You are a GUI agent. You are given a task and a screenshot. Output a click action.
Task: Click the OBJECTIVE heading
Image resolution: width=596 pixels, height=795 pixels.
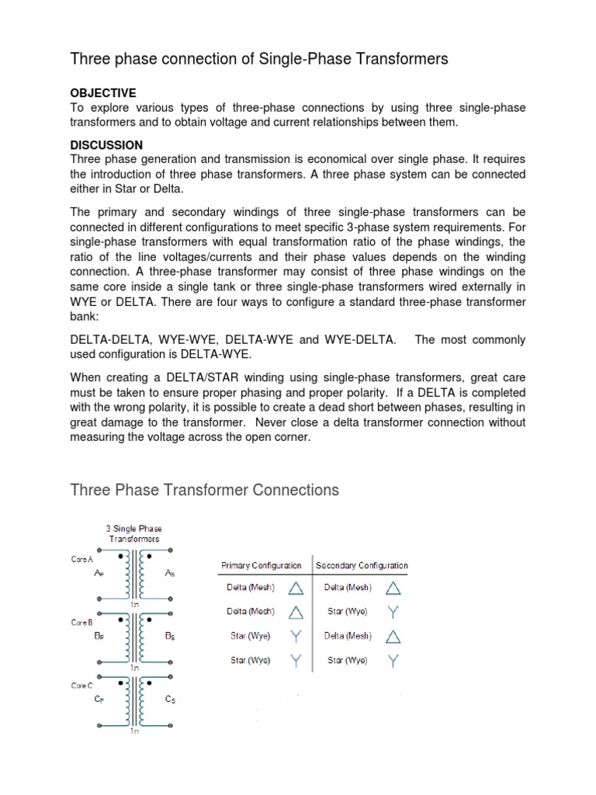pyautogui.click(x=102, y=92)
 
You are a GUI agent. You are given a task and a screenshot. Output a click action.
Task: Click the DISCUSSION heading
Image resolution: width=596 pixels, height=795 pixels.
pyautogui.click(x=106, y=145)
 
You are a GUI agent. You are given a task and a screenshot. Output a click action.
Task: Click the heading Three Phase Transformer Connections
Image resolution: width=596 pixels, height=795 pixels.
pyautogui.click(x=204, y=490)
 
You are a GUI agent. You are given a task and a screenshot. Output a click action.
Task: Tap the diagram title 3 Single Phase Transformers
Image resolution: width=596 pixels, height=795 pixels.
pyautogui.click(x=133, y=533)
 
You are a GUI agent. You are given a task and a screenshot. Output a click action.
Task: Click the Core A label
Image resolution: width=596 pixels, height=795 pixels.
pyautogui.click(x=82, y=559)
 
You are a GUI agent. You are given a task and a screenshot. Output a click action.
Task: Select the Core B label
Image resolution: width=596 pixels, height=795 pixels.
pyautogui.click(x=82, y=622)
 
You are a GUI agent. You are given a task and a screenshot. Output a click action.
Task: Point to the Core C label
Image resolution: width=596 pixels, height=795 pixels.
pyautogui.click(x=82, y=686)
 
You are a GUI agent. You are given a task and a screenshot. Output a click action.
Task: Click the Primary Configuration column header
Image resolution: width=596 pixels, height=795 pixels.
pyautogui.click(x=262, y=566)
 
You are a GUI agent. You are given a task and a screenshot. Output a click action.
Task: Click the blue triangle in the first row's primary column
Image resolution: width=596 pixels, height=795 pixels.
pyautogui.click(x=296, y=588)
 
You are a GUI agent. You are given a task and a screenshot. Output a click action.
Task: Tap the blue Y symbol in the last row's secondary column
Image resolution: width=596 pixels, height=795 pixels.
pyautogui.click(x=394, y=661)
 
